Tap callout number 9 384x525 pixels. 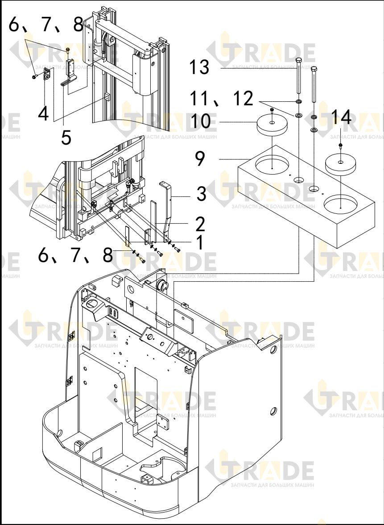tap(200, 158)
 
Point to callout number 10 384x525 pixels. tap(201, 121)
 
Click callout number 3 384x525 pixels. tap(201, 194)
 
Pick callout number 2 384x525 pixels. tap(200, 224)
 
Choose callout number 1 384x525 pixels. tap(200, 242)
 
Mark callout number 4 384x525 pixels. tap(43, 113)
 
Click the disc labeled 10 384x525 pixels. tap(272, 125)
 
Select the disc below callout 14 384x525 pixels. tap(341, 164)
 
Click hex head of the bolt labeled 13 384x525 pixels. tap(299, 60)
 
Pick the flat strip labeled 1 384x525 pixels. tap(128, 237)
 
